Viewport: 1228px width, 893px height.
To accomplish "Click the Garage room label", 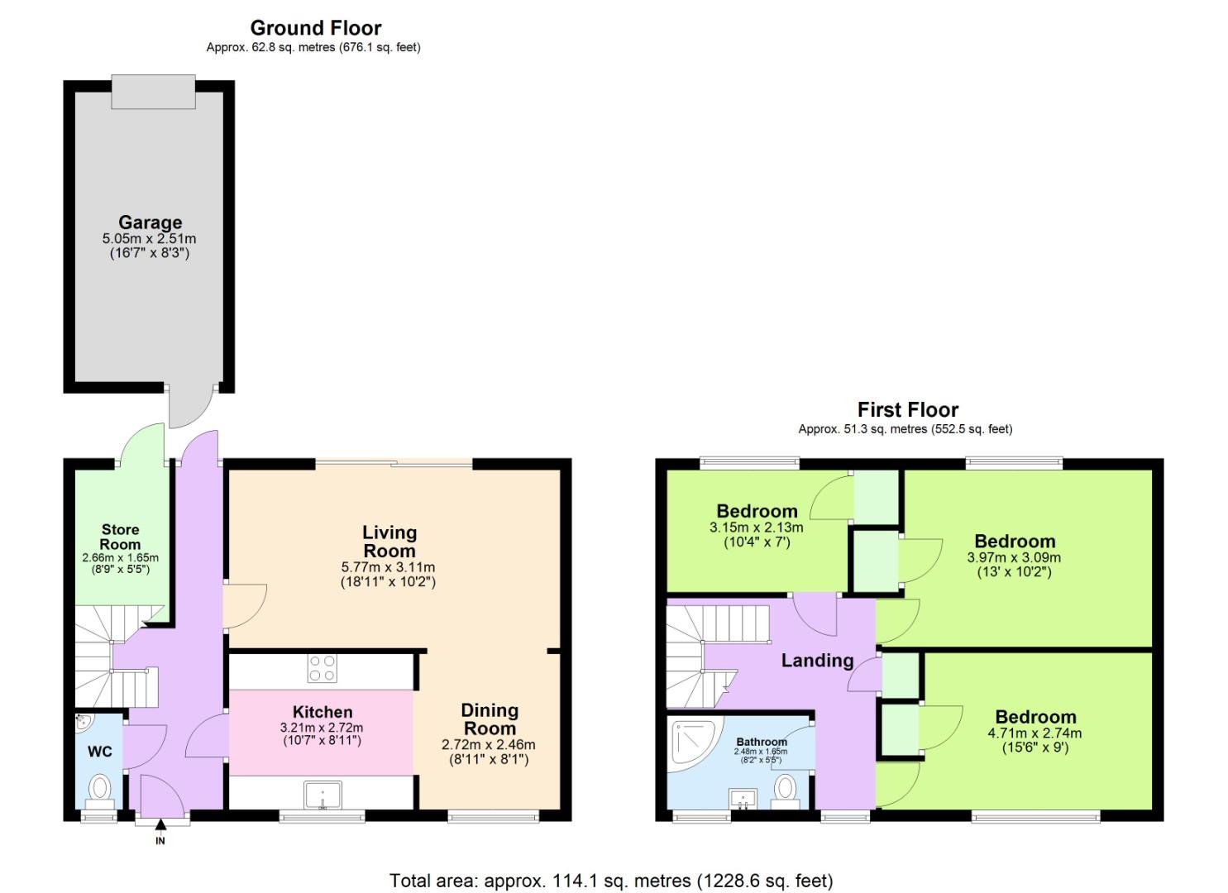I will pos(150,222).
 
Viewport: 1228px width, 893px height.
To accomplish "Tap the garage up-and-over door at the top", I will pos(154,91).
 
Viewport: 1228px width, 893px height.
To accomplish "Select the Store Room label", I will pos(120,537).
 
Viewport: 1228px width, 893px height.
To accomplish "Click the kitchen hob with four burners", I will pos(322,668).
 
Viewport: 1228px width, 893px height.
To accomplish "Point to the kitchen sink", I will pos(322,795).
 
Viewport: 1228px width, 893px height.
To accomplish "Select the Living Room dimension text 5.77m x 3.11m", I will pos(388,567).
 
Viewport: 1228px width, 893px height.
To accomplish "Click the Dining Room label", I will pos(490,719).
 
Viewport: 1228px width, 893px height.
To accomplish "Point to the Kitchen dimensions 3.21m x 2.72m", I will pos(322,728).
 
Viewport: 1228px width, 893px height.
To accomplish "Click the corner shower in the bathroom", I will pos(688,741).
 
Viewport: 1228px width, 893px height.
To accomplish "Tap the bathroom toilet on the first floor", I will pos(784,790).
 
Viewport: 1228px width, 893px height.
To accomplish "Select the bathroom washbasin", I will pos(743,800).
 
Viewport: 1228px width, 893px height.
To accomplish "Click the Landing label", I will pos(817,660).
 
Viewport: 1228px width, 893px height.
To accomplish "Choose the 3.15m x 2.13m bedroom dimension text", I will pos(756,528).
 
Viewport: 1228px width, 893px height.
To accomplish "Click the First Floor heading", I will pos(907,409).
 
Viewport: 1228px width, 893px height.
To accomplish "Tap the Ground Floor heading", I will pos(316,27).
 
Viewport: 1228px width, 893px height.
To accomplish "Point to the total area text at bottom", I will pos(611,881).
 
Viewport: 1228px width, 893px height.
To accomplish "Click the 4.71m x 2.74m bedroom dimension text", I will pos(1034,733).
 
